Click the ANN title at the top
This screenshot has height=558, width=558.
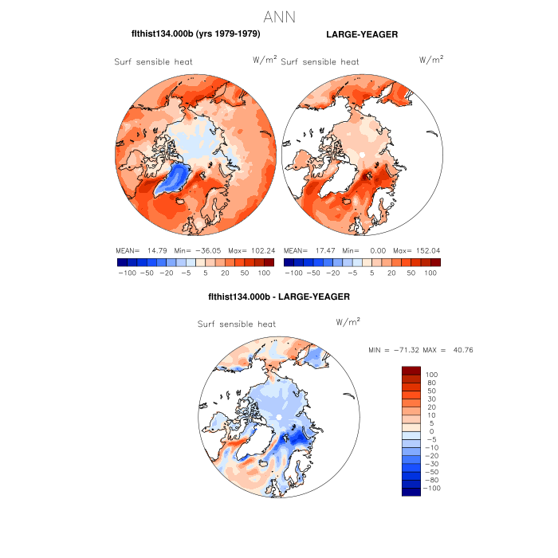(279, 16)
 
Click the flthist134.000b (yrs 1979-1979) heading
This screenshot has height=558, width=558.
(195, 34)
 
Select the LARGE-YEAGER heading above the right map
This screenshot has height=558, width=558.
(362, 34)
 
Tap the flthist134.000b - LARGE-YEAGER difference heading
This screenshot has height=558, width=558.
(278, 297)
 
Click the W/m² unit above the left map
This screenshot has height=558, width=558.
(265, 59)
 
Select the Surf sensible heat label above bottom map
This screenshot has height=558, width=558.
(237, 324)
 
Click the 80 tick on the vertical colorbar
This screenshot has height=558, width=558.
(430, 383)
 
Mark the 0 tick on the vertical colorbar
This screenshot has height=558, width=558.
(430, 431)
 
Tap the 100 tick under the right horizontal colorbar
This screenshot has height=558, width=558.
(430, 273)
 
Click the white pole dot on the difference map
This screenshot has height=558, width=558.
(280, 417)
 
